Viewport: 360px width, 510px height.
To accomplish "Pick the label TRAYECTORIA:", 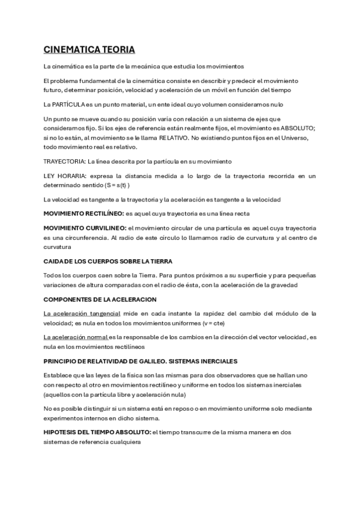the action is [64, 162].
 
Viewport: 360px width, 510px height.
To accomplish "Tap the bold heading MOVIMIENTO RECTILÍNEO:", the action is [84, 214].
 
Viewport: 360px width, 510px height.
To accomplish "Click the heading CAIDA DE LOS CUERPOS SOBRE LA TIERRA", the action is [108, 261].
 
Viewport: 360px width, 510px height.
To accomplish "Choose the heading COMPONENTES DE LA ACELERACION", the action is [100, 299].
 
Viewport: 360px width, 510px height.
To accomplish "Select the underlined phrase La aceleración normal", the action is [76, 337].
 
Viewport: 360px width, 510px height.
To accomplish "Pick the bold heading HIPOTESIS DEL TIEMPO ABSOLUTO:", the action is [97, 432].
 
